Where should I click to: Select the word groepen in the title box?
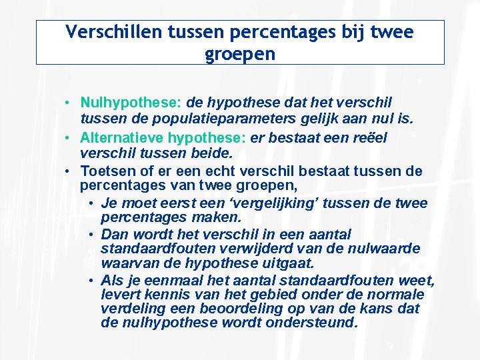[240, 53]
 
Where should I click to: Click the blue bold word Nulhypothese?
[131, 103]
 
